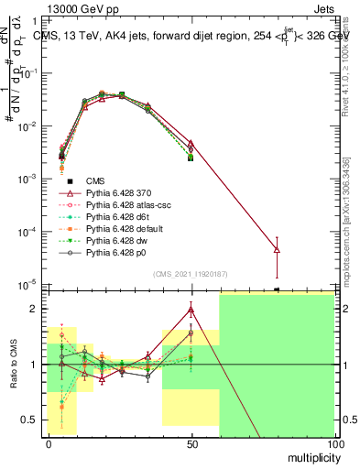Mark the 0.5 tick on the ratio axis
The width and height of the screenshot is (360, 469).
point(32,420)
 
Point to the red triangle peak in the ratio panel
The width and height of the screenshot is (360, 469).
point(191,310)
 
